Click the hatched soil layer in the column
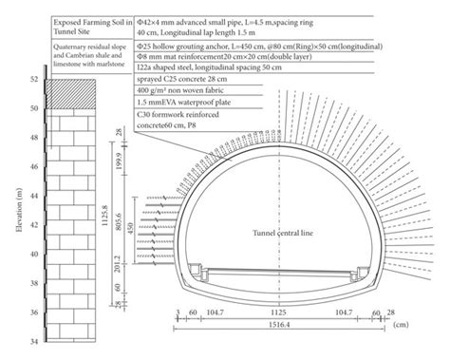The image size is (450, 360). click(72, 95)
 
